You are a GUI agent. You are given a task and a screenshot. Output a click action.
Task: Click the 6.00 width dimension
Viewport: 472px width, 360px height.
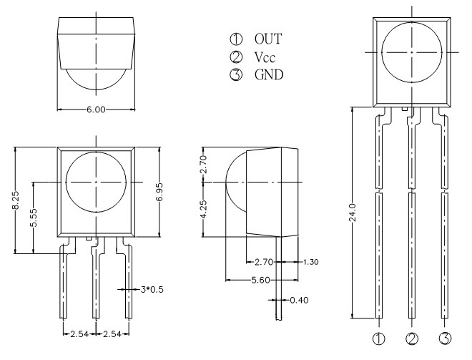click(x=96, y=110)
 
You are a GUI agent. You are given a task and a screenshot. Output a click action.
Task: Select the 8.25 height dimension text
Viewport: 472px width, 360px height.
click(x=15, y=200)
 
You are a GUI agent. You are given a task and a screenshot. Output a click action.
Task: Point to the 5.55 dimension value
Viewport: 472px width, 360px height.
click(x=34, y=218)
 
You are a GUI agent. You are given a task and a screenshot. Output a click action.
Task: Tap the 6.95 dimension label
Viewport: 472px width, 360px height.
click(x=159, y=192)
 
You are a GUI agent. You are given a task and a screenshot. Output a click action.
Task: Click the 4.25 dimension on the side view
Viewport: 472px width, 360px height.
click(x=204, y=209)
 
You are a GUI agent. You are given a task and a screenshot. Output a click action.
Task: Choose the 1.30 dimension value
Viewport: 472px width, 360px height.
click(x=310, y=262)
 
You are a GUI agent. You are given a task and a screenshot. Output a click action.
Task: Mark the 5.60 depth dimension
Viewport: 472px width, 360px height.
click(x=261, y=280)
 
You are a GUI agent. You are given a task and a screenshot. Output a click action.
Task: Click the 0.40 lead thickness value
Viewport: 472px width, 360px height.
click(x=299, y=300)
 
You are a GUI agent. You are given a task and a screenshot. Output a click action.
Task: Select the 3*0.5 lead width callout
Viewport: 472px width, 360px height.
click(x=152, y=290)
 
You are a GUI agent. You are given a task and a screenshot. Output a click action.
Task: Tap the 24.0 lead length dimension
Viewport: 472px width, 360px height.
click(x=353, y=213)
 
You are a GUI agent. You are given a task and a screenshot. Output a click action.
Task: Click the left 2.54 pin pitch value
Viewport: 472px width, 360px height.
click(x=79, y=334)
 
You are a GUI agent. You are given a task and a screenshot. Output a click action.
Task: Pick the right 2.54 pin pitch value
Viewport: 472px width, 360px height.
click(x=112, y=334)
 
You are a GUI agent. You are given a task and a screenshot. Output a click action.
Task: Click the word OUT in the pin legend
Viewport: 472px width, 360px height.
click(x=268, y=39)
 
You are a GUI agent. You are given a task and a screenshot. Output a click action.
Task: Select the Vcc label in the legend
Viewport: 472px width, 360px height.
click(x=265, y=57)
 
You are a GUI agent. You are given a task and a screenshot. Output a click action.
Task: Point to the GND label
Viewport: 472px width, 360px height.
click(x=269, y=74)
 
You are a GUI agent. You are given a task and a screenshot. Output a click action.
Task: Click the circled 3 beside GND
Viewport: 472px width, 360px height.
click(x=236, y=74)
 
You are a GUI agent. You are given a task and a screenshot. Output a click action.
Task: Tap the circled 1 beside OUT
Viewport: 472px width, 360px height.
click(x=236, y=39)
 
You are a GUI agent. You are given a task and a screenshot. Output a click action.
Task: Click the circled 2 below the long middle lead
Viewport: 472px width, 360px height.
click(x=412, y=339)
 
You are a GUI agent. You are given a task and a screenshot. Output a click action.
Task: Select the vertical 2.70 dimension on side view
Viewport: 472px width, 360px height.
click(x=204, y=164)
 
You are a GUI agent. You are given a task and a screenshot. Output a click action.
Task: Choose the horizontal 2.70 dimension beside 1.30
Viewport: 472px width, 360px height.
click(x=264, y=262)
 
